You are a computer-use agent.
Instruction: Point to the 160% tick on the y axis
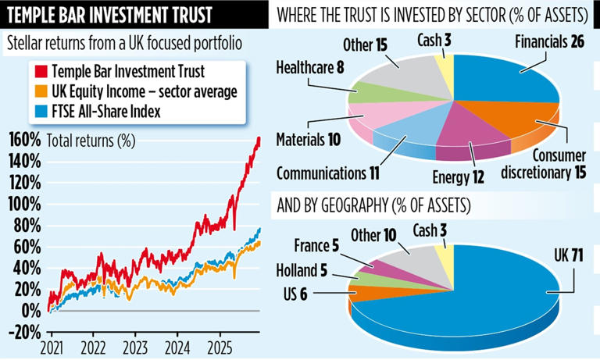point(24,141)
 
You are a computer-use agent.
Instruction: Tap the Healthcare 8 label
point(312,68)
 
